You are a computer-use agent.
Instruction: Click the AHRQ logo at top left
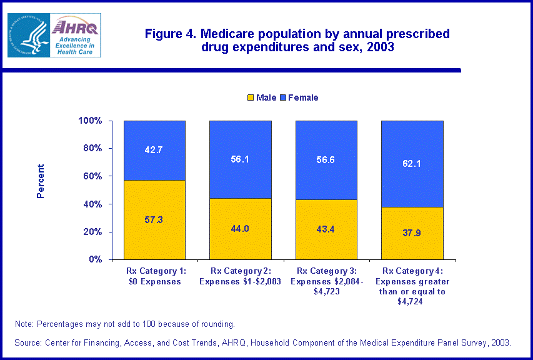(54, 35)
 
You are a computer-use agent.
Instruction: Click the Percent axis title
(41, 181)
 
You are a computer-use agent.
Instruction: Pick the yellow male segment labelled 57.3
(154, 219)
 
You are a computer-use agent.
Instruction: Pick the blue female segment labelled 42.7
(154, 150)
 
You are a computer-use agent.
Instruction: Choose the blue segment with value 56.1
(240, 159)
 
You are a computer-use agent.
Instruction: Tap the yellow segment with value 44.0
(240, 229)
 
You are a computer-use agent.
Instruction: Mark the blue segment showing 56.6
(326, 160)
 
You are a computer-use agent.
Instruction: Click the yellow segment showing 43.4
(326, 229)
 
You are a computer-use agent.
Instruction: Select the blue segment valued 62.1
(412, 164)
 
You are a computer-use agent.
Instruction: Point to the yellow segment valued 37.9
(412, 233)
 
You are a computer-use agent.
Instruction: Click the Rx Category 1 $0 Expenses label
(154, 276)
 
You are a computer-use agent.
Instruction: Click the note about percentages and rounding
(125, 324)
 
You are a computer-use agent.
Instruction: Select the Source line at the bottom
(263, 342)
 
